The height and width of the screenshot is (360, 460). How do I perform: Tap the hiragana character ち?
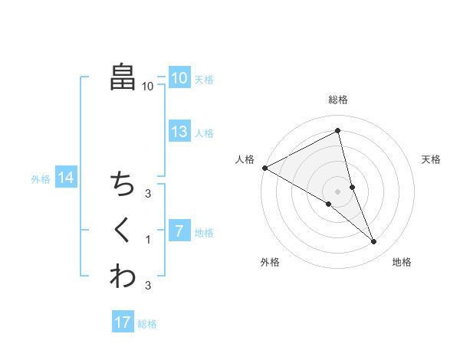click(123, 184)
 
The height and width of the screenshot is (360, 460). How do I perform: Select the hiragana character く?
click(122, 230)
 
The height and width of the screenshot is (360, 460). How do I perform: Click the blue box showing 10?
click(179, 78)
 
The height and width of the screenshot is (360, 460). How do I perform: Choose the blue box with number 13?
click(179, 132)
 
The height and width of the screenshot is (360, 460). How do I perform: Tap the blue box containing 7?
click(179, 231)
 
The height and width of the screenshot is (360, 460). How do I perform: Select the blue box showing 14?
click(66, 178)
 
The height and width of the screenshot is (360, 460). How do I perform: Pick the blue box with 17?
click(123, 322)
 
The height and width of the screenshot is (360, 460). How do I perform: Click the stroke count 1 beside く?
click(148, 240)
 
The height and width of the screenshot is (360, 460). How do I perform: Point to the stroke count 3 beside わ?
click(148, 286)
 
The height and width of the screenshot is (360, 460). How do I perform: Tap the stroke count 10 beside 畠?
click(147, 87)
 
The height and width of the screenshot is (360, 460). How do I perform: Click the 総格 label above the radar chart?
click(338, 100)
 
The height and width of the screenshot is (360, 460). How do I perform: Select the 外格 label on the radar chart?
click(270, 262)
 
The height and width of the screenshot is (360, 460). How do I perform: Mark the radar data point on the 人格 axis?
click(264, 167)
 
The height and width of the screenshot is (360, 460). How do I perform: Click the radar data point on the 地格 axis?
click(374, 242)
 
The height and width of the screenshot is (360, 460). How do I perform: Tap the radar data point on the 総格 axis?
click(338, 131)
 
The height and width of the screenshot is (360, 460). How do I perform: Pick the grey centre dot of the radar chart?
click(338, 190)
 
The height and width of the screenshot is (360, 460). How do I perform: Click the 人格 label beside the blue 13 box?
click(204, 133)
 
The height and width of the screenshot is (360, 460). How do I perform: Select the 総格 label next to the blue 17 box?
click(147, 324)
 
